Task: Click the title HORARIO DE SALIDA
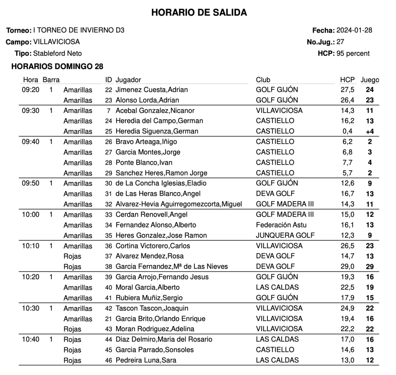(199, 13)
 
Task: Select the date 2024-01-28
(354, 30)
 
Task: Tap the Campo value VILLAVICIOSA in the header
(57, 42)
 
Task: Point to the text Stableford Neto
(58, 53)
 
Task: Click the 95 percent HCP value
(353, 53)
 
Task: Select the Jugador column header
(128, 80)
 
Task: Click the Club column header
(263, 80)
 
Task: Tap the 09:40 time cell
(31, 142)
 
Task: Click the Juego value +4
(370, 131)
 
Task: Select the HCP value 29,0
(347, 267)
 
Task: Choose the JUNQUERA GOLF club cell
(285, 236)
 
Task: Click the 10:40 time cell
(31, 339)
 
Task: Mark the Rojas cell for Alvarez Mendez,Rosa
(72, 256)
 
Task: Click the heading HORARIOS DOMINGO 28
(57, 67)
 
